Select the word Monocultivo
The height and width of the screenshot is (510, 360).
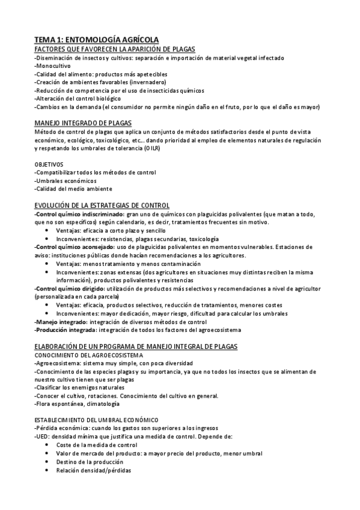53,65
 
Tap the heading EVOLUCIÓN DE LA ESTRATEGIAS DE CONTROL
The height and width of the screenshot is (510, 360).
102,206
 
